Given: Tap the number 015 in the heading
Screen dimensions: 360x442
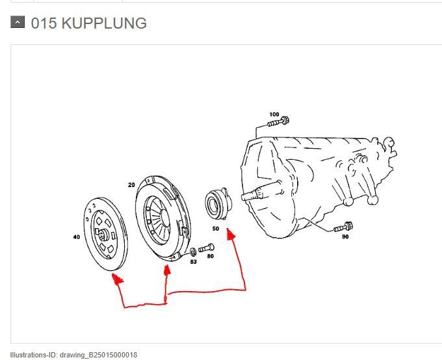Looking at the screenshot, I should pos(44,24).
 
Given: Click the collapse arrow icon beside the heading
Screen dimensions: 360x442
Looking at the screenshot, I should pos(18,23).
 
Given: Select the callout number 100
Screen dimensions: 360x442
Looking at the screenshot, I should pos(274,114).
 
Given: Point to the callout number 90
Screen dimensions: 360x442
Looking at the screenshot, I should pos(345,237).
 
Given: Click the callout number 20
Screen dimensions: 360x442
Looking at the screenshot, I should pos(131,185).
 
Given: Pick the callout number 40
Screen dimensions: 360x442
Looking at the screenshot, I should pos(77,237).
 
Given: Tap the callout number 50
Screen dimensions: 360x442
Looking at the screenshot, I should pos(215,229).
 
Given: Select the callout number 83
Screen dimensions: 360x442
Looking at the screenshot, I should pos(193,261).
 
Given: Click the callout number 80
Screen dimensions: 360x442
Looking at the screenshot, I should pos(210,256).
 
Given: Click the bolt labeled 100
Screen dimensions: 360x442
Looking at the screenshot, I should pos(279,122).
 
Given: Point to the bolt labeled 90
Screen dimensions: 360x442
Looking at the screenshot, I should pos(343,227).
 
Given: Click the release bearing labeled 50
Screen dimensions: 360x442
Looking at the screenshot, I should pos(214,202).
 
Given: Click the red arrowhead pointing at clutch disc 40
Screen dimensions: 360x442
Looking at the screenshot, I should pos(117,280).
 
